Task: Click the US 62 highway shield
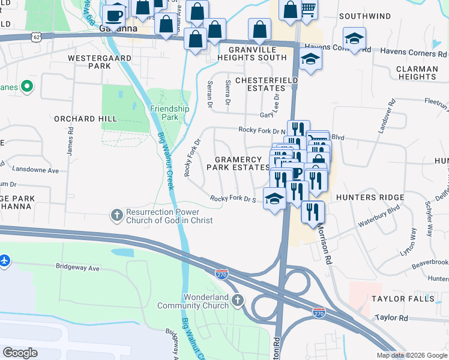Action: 38,37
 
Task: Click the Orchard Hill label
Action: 85,119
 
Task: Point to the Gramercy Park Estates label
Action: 238,163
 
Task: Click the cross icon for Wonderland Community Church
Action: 238,299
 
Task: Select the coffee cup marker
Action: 114,15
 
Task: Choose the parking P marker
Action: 297,174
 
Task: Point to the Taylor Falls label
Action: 402,298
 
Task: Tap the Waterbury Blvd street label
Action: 379,217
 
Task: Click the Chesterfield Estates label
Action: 267,83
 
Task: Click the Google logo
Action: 20,352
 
